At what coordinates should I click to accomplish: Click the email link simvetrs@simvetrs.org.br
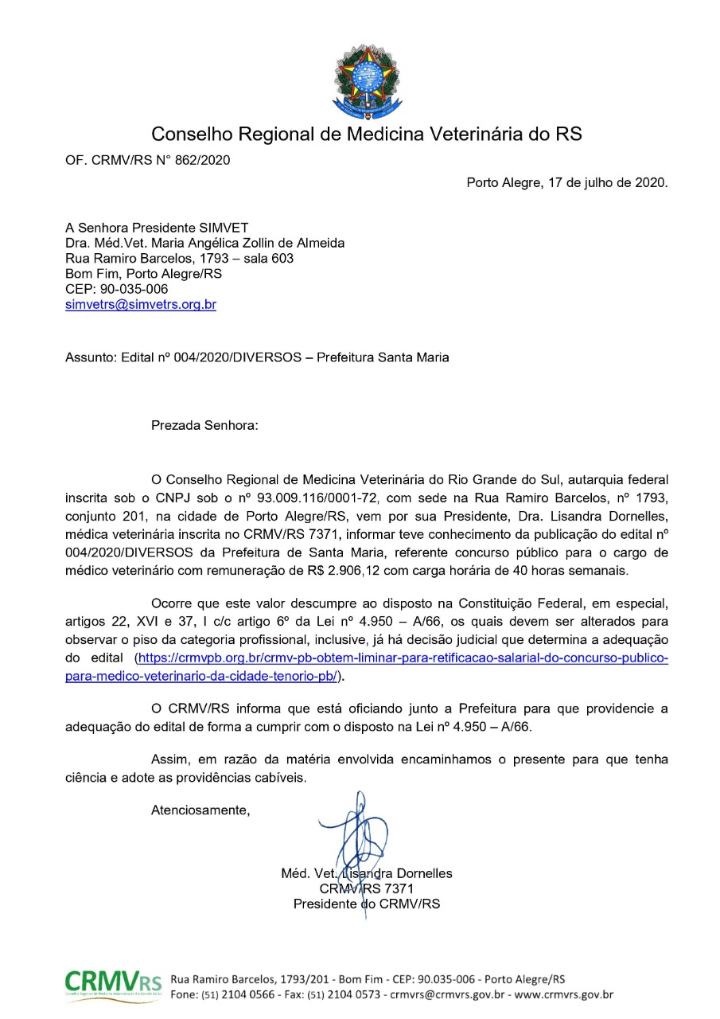tap(141, 304)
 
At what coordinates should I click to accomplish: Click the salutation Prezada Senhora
tap(204, 425)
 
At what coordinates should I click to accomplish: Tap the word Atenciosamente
tap(200, 810)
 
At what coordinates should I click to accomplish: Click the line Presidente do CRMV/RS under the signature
tap(366, 904)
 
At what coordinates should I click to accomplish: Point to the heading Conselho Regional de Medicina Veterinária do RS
tap(366, 134)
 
